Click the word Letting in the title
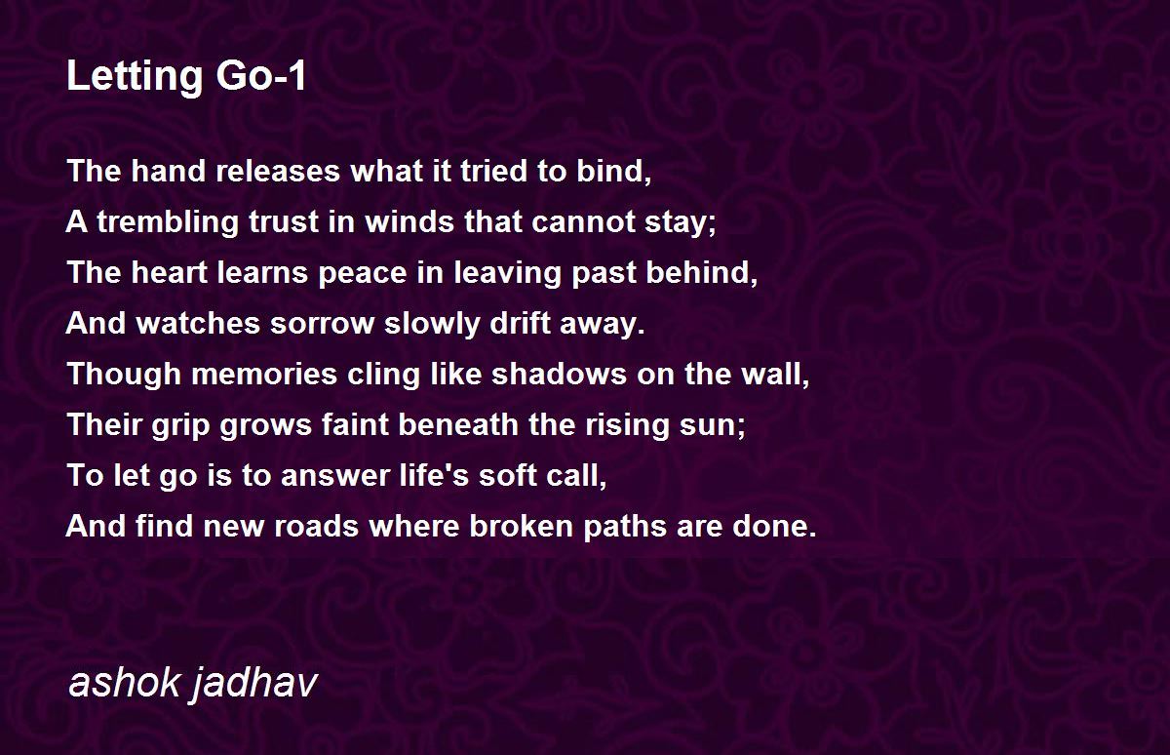tap(135, 77)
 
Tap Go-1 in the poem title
tap(260, 76)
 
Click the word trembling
tap(167, 222)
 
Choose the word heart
tap(169, 273)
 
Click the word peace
tap(362, 274)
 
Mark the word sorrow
tap(322, 325)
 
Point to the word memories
tap(264, 375)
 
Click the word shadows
tap(559, 375)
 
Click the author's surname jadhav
tap(254, 684)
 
